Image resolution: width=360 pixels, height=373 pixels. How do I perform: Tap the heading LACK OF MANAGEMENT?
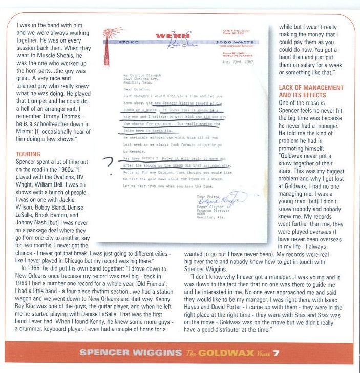[x=311, y=88]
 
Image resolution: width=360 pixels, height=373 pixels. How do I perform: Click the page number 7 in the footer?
[x=276, y=353]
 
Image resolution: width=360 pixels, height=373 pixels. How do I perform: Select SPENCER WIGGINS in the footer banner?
[x=131, y=353]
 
